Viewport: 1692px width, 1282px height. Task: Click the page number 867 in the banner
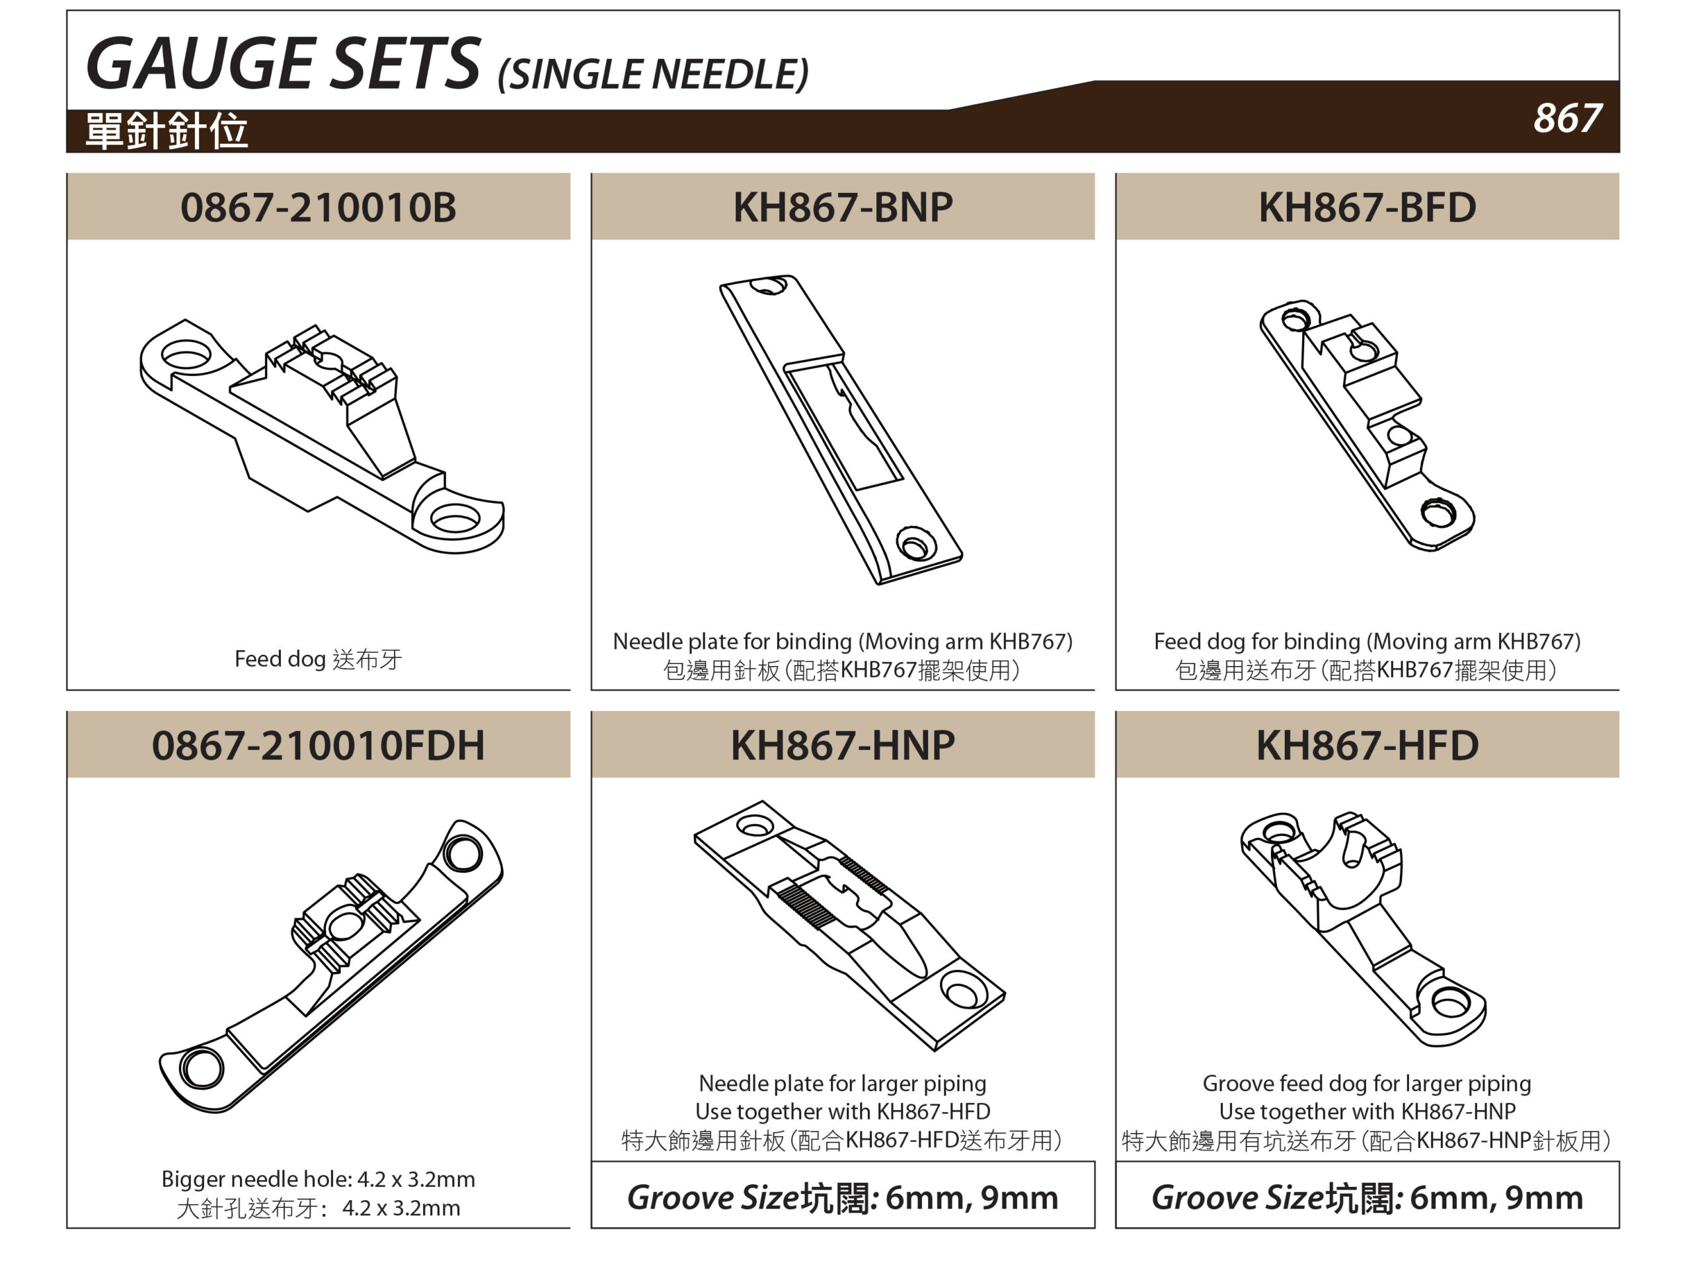click(1566, 118)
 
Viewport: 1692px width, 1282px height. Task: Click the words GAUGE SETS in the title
click(283, 63)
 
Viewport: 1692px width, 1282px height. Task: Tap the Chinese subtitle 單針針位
click(167, 131)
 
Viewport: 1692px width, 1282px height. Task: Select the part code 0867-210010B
click(318, 207)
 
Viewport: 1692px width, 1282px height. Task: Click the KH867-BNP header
click(843, 207)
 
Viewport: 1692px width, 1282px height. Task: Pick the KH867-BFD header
click(1367, 207)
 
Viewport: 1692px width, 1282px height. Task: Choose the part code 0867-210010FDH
click(318, 745)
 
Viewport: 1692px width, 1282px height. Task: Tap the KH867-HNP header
click(843, 745)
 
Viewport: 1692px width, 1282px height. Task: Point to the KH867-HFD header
click(1367, 745)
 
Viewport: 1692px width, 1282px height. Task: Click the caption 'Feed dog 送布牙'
click(318, 659)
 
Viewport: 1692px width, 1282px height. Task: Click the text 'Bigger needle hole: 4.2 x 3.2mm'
click(318, 1179)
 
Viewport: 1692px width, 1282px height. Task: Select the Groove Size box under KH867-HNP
click(843, 1195)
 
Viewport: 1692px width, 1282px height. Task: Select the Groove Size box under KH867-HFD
click(1367, 1195)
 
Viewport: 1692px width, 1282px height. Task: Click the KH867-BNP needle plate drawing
click(841, 430)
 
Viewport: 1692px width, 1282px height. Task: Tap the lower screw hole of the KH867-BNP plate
click(915, 545)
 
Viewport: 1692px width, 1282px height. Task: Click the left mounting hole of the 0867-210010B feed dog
click(186, 356)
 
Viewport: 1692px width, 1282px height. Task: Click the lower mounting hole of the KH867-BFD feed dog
click(1438, 513)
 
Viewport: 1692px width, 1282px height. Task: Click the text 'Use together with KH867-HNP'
click(1367, 1112)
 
